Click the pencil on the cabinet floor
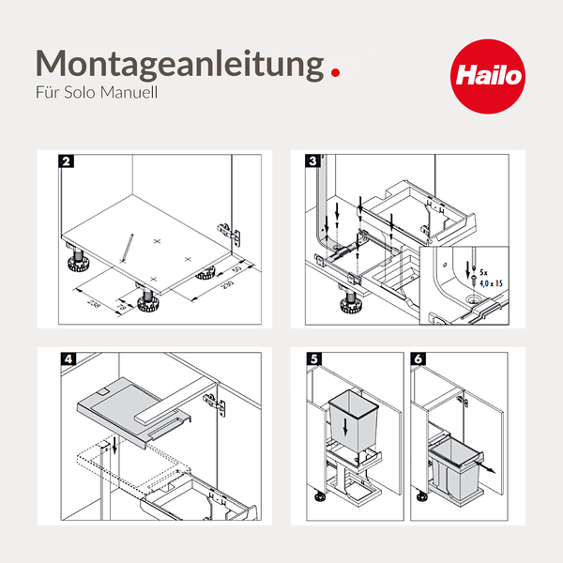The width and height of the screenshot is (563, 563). [x=127, y=249]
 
